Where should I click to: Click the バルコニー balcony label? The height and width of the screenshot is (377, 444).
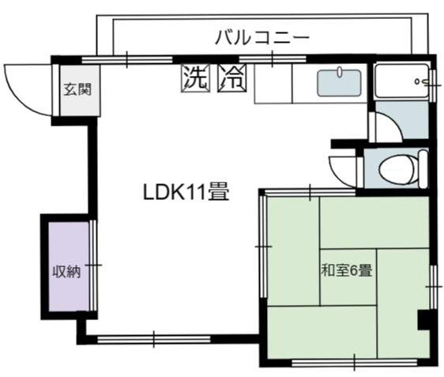click(262, 38)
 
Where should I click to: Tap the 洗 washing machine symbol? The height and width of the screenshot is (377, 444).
click(196, 78)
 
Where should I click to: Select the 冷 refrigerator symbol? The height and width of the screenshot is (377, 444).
click(232, 78)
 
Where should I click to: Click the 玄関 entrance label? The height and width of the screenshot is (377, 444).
click(77, 89)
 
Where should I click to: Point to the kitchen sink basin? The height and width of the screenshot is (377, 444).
click(339, 83)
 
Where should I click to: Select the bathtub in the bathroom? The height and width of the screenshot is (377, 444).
click(401, 81)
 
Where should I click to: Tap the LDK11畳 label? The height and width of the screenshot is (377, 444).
click(186, 192)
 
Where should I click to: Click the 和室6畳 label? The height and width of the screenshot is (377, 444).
click(346, 270)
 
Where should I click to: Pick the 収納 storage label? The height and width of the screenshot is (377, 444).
click(66, 272)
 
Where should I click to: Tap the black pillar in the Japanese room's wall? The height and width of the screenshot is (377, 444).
click(424, 320)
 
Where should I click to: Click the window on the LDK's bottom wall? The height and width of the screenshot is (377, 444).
click(154, 339)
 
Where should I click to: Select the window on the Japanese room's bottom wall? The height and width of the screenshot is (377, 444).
click(354, 362)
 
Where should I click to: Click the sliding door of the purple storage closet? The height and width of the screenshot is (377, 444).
click(93, 266)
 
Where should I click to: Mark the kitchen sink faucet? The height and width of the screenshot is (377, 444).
click(340, 72)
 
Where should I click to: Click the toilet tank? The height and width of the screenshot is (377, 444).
click(423, 169)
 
